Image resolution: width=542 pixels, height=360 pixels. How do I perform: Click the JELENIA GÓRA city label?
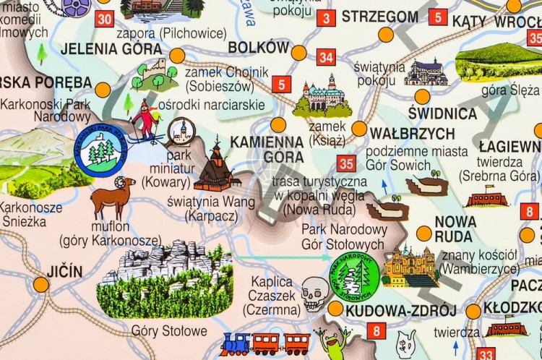pos(101,48)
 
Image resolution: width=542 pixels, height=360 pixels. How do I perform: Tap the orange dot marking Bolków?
pos(298,52)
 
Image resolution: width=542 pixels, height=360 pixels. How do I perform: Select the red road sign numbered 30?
pos(104,19)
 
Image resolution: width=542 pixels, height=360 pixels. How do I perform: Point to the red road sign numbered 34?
pos(326,57)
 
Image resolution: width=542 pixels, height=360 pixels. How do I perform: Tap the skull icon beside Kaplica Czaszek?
pos(315,293)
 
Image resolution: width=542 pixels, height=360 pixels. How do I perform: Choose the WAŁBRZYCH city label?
pos(412,133)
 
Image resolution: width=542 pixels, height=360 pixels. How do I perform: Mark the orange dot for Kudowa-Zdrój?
pos(335,309)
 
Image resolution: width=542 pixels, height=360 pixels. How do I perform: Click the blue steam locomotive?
pos(235,344)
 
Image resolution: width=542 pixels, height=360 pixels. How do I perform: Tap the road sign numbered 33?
pos(486,354)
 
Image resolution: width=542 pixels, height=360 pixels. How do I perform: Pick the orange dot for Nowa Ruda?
pos(424,233)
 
